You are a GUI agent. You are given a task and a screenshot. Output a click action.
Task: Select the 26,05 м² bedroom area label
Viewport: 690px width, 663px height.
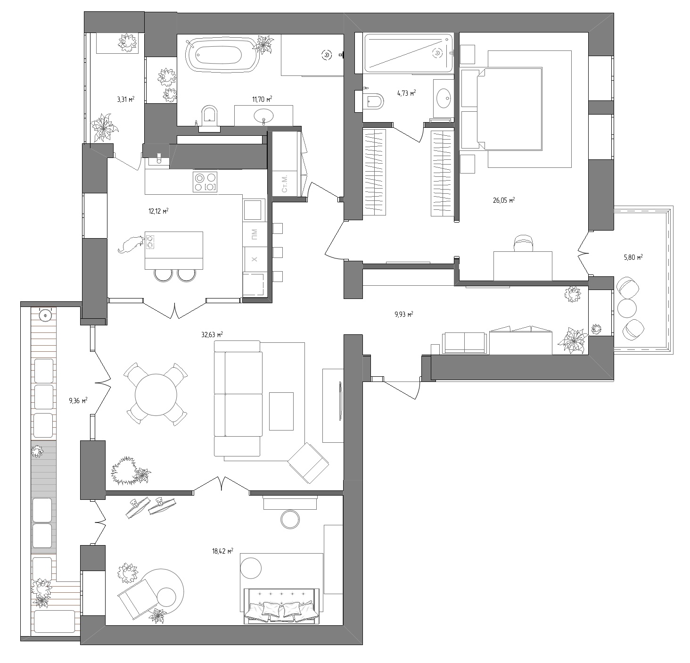[503, 200]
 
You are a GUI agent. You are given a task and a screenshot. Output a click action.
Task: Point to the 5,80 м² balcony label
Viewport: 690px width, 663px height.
[633, 257]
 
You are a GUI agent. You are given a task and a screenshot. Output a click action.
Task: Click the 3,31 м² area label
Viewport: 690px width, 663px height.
[125, 99]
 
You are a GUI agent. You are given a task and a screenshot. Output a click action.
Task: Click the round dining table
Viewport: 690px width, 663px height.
[156, 394]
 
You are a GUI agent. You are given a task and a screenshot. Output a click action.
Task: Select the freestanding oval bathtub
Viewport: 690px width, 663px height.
[223, 55]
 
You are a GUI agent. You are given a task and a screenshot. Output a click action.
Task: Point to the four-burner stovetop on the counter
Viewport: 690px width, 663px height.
[205, 182]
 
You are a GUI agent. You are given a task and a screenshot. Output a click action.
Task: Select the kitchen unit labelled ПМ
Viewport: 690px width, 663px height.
[255, 234]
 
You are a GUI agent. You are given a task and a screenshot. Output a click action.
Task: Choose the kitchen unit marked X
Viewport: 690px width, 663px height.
[255, 259]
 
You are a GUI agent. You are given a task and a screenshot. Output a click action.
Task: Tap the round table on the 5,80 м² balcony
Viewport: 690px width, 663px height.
[626, 308]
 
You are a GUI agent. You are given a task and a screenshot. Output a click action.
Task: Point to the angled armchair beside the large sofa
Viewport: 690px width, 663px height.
[308, 463]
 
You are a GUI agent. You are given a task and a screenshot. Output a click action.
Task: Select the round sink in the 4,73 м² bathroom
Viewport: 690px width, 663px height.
[443, 99]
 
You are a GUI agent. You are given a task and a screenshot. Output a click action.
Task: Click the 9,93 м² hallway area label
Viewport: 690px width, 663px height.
[403, 315]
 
